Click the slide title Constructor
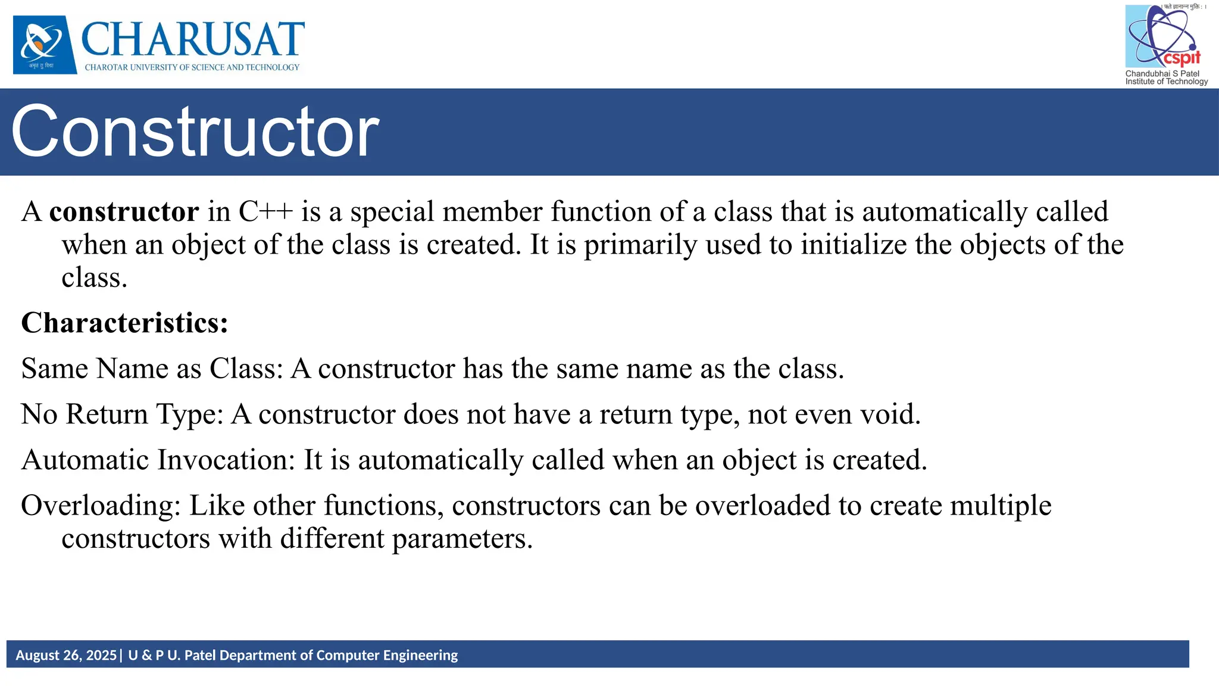click(195, 132)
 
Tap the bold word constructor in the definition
click(124, 212)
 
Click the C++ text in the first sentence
click(265, 212)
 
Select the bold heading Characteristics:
click(124, 323)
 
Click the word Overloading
click(101, 506)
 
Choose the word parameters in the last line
click(462, 539)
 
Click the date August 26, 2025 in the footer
click(66, 656)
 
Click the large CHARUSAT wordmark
click(193, 39)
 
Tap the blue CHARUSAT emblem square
click(45, 45)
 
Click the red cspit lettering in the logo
click(1182, 58)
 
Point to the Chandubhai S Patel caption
click(1162, 74)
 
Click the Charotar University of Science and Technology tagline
click(192, 67)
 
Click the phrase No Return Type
click(122, 414)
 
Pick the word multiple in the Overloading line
click(1001, 506)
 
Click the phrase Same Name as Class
click(152, 369)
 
